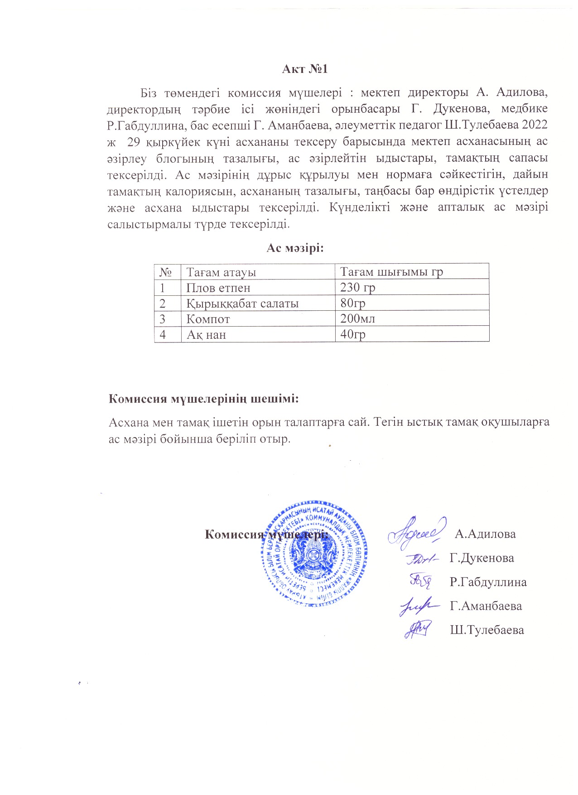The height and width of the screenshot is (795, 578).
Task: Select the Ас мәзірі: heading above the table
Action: [295, 248]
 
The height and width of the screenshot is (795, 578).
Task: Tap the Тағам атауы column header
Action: [221, 272]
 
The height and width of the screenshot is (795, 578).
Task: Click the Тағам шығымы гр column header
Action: [391, 272]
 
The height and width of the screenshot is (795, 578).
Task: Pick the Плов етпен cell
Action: [218, 288]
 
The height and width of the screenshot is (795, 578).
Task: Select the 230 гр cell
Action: [358, 287]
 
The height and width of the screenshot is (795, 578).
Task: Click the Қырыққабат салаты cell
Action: [242, 304]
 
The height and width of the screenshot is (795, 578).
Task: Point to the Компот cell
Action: [208, 319]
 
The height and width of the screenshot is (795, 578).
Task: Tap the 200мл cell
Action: [358, 318]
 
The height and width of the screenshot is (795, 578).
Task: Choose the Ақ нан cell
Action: [206, 335]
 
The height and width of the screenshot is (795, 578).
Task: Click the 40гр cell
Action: [353, 334]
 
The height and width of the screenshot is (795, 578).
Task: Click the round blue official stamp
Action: [313, 553]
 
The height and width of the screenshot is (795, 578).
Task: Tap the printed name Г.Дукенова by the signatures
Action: [482, 558]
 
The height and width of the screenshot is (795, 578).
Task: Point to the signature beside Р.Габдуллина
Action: [421, 580]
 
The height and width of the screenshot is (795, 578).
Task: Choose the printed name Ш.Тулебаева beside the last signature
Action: [486, 630]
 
